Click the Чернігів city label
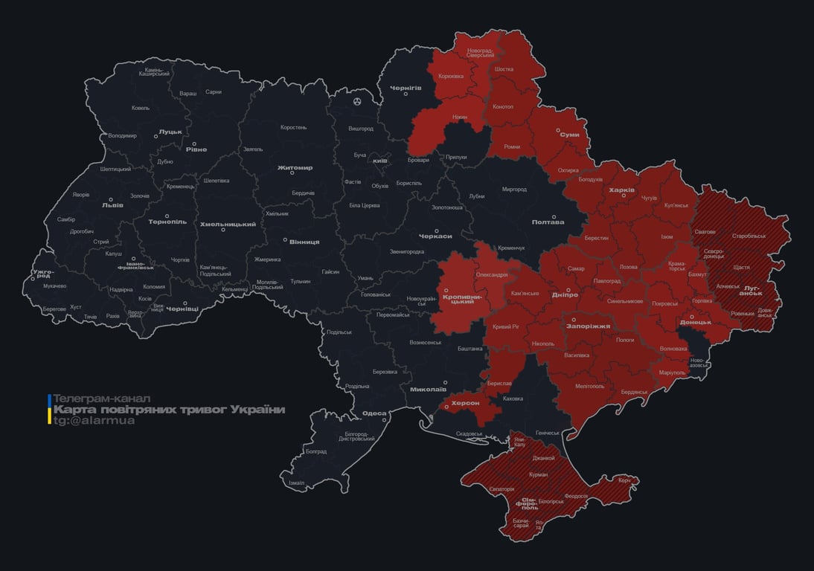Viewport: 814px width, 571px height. click(406, 88)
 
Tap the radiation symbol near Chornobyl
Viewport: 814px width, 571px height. click(358, 100)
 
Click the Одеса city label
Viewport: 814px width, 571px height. click(374, 413)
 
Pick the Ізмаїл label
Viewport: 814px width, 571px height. click(296, 483)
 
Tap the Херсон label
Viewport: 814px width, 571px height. click(466, 402)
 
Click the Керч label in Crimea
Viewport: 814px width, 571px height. click(624, 480)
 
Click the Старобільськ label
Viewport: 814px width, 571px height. click(749, 236)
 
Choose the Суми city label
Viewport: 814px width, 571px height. click(569, 135)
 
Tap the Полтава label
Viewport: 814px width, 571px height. click(548, 222)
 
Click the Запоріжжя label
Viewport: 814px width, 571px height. click(589, 326)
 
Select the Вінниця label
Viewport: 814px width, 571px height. click(304, 242)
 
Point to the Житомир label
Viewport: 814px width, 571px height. click(295, 167)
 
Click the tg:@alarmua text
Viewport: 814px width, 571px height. click(94, 421)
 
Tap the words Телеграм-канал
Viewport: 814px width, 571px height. click(102, 399)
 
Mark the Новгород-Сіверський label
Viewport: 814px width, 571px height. click(480, 53)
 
